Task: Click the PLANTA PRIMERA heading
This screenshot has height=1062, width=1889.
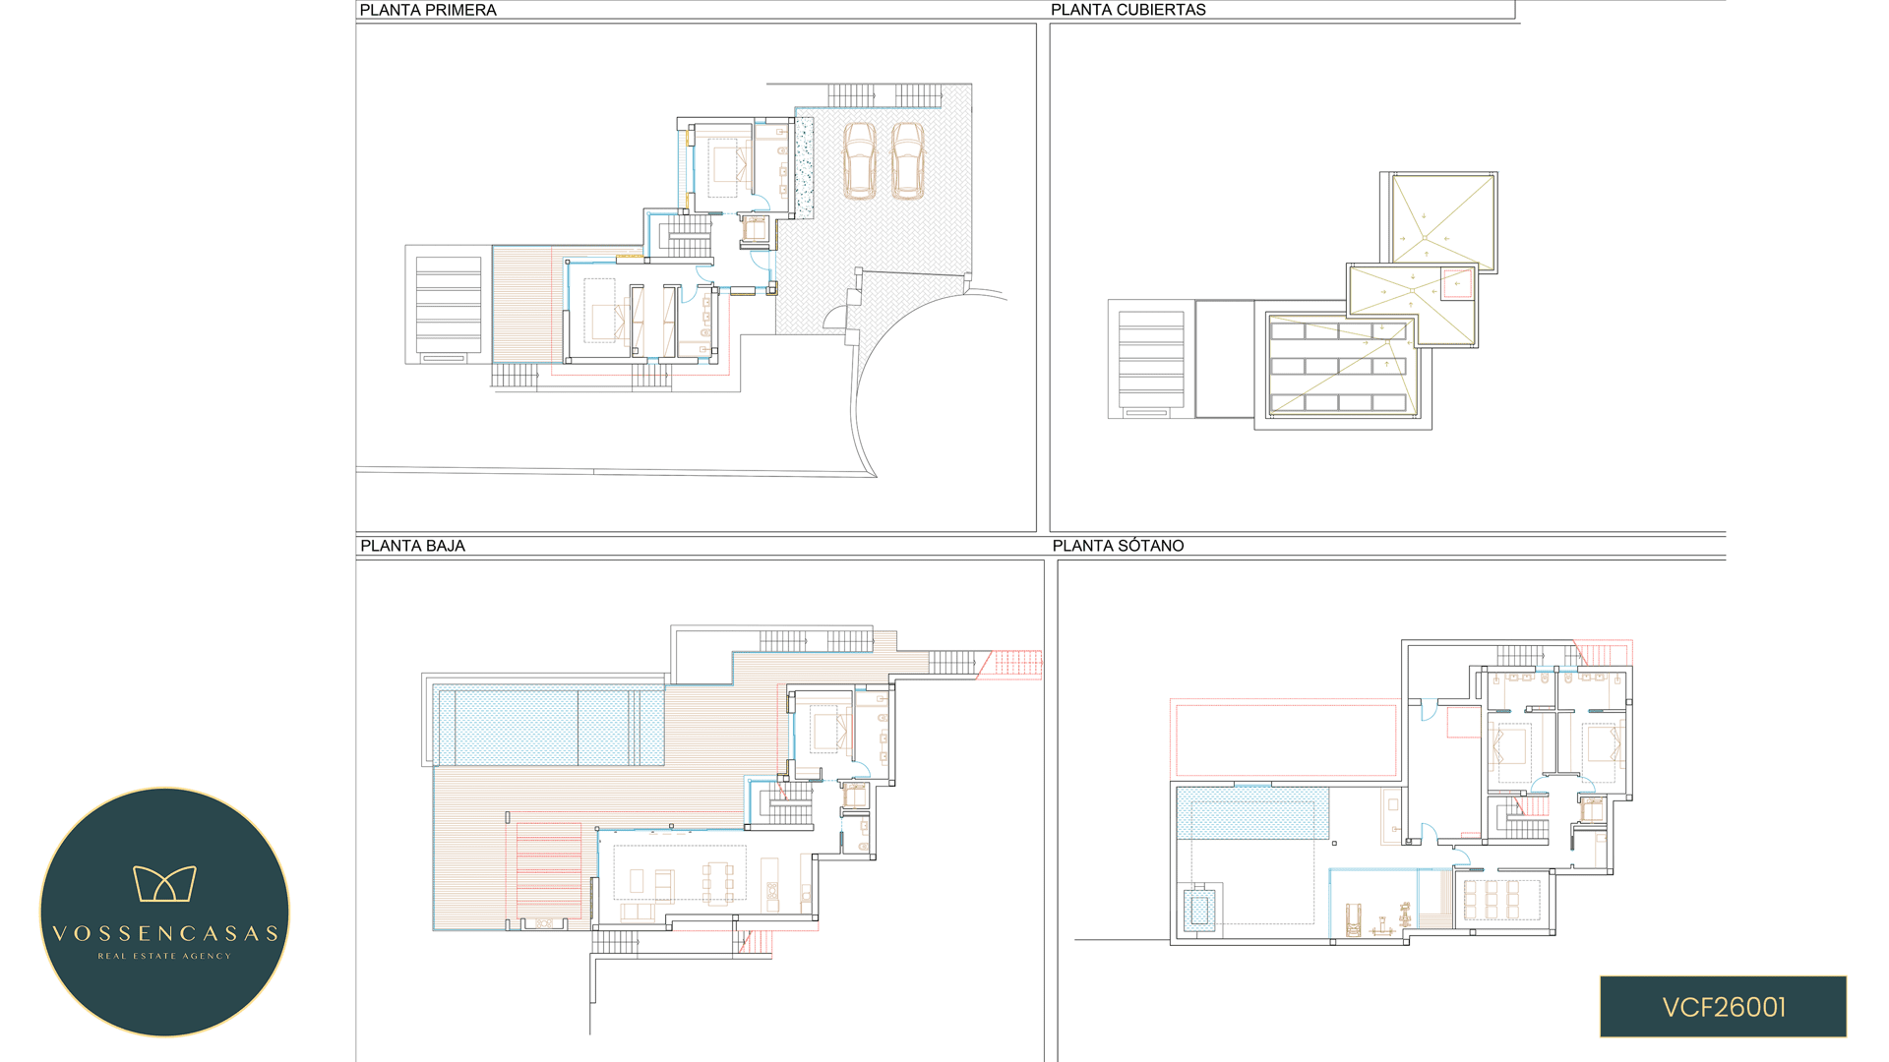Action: pyautogui.click(x=428, y=10)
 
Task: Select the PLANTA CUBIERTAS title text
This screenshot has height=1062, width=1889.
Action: pyautogui.click(x=1127, y=10)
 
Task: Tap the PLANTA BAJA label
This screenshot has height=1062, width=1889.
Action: pyautogui.click(x=412, y=546)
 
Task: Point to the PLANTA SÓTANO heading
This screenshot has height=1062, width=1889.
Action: pyautogui.click(x=1118, y=546)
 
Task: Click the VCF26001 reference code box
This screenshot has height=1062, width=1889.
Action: pyautogui.click(x=1723, y=1006)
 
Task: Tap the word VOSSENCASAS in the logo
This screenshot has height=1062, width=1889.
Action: pyautogui.click(x=165, y=933)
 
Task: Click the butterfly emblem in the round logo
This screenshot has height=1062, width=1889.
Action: pyautogui.click(x=164, y=883)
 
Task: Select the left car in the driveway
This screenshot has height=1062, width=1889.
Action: pyautogui.click(x=859, y=160)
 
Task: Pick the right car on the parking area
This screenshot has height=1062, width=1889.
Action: pyautogui.click(x=907, y=160)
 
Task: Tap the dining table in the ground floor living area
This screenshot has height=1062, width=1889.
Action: pyautogui.click(x=717, y=882)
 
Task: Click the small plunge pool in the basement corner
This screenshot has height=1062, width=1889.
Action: pyautogui.click(x=1199, y=910)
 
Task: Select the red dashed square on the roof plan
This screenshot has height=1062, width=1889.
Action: pyautogui.click(x=1457, y=283)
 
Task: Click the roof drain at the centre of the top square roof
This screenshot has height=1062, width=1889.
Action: pyautogui.click(x=1424, y=237)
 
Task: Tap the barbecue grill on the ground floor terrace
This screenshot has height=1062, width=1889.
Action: pyautogui.click(x=543, y=923)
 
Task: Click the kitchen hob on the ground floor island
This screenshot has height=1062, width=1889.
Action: pyautogui.click(x=772, y=891)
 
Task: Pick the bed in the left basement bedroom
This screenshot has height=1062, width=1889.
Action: pyautogui.click(x=1509, y=746)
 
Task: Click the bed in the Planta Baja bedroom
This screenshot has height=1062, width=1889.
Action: pyautogui.click(x=829, y=731)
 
